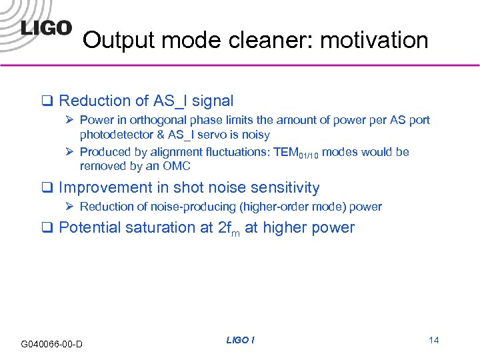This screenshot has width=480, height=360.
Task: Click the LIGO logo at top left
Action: point(45,27)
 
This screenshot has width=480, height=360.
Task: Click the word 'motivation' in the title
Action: point(374,41)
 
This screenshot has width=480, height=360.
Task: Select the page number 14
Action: point(433,340)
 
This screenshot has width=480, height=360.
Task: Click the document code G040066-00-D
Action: point(52,344)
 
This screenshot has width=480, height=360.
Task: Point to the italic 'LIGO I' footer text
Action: point(240,340)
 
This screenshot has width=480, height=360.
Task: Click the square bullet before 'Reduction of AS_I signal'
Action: point(48,101)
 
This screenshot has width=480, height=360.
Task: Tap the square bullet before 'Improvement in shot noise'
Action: point(48,189)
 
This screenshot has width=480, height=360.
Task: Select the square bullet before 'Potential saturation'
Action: point(48,228)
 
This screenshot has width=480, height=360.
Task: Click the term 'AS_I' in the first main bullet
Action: point(170,101)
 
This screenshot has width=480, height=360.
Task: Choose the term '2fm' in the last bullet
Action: point(229,228)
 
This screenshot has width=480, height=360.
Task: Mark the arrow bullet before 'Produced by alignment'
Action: point(71,152)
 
